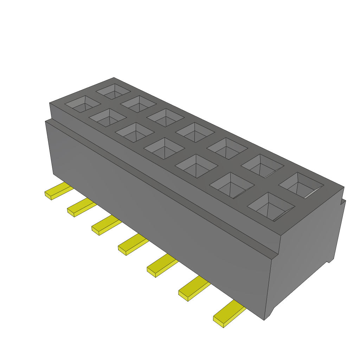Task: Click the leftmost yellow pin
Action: [x=58, y=191]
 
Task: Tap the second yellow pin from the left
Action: [x=81, y=207]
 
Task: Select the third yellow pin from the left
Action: [x=105, y=226]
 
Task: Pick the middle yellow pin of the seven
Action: [x=133, y=245]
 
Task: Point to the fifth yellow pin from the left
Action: [x=162, y=267]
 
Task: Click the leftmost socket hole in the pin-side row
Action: [x=83, y=104]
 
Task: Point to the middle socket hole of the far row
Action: [x=195, y=133]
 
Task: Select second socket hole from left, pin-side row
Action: [x=108, y=117]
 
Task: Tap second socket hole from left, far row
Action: [x=139, y=104]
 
